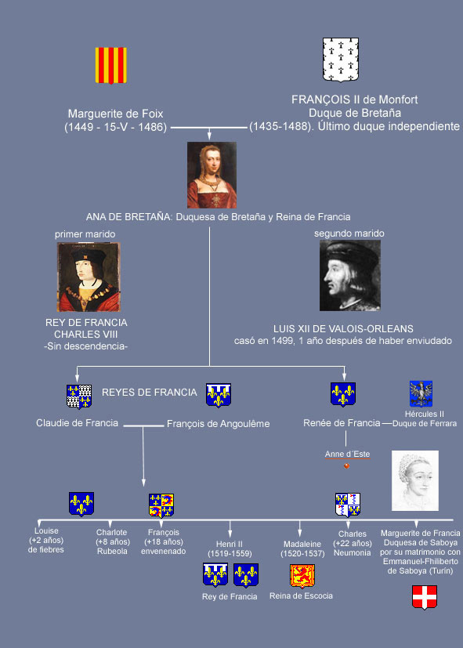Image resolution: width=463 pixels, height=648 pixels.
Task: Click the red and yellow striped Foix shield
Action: pyautogui.click(x=110, y=65)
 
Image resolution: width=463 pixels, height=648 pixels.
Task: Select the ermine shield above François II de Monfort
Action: pyautogui.click(x=341, y=60)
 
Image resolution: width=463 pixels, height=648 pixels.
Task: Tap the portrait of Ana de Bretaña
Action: pyautogui.click(x=212, y=175)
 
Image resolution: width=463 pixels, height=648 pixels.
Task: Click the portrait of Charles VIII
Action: pyautogui.click(x=89, y=277)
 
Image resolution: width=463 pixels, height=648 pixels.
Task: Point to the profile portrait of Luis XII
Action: pyautogui.click(x=350, y=275)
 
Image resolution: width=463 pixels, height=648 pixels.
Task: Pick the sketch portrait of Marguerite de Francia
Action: pyautogui.click(x=415, y=480)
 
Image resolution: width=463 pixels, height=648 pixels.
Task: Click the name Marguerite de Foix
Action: pyautogui.click(x=116, y=114)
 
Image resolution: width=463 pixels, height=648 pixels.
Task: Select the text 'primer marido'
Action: pyautogui.click(x=85, y=234)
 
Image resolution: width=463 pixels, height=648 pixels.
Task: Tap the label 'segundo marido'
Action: pyautogui.click(x=349, y=233)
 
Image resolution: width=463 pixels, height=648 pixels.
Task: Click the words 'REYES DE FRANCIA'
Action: pyautogui.click(x=150, y=393)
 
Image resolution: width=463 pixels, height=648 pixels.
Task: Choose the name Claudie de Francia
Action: pyautogui.click(x=78, y=423)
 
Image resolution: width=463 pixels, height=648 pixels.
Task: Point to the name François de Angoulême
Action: pyautogui.click(x=218, y=424)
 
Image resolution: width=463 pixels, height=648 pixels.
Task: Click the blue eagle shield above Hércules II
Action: pyautogui.click(x=421, y=393)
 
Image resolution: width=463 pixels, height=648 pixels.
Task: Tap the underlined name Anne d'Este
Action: pyautogui.click(x=347, y=454)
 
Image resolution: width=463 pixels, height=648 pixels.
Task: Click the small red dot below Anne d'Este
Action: pyautogui.click(x=347, y=465)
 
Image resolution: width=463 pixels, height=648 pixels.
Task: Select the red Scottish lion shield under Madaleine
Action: pyautogui.click(x=302, y=576)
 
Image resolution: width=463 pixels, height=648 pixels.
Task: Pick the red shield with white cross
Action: pyautogui.click(x=425, y=597)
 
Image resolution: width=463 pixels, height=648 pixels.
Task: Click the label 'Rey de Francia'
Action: pyautogui.click(x=230, y=596)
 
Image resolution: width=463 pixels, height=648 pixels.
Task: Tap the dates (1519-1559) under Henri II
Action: pyautogui.click(x=230, y=553)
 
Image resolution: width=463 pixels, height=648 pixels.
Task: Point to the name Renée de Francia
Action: pyautogui.click(x=342, y=423)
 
